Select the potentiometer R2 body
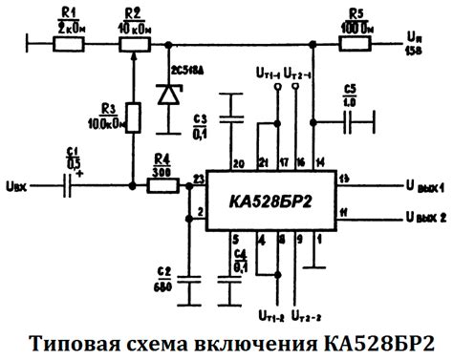click(x=133, y=41)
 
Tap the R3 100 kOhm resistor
click(x=135, y=118)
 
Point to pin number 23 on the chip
click(x=198, y=179)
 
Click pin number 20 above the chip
click(x=237, y=163)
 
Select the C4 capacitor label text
click(x=241, y=256)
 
